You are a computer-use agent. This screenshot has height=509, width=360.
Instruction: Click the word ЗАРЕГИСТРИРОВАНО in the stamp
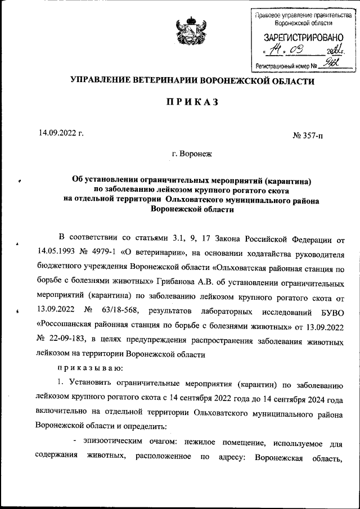click(x=301, y=38)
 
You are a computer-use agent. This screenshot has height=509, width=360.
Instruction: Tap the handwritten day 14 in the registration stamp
click(x=274, y=51)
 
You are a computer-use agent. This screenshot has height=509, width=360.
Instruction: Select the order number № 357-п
click(x=308, y=136)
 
